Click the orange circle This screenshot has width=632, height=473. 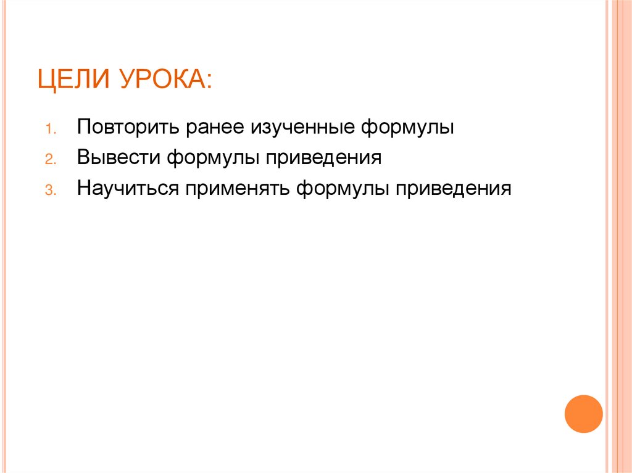click(x=583, y=414)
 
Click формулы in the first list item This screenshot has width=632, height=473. click(x=407, y=128)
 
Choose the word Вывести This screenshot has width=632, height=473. click(x=118, y=157)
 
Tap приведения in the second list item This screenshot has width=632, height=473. click(x=323, y=157)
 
